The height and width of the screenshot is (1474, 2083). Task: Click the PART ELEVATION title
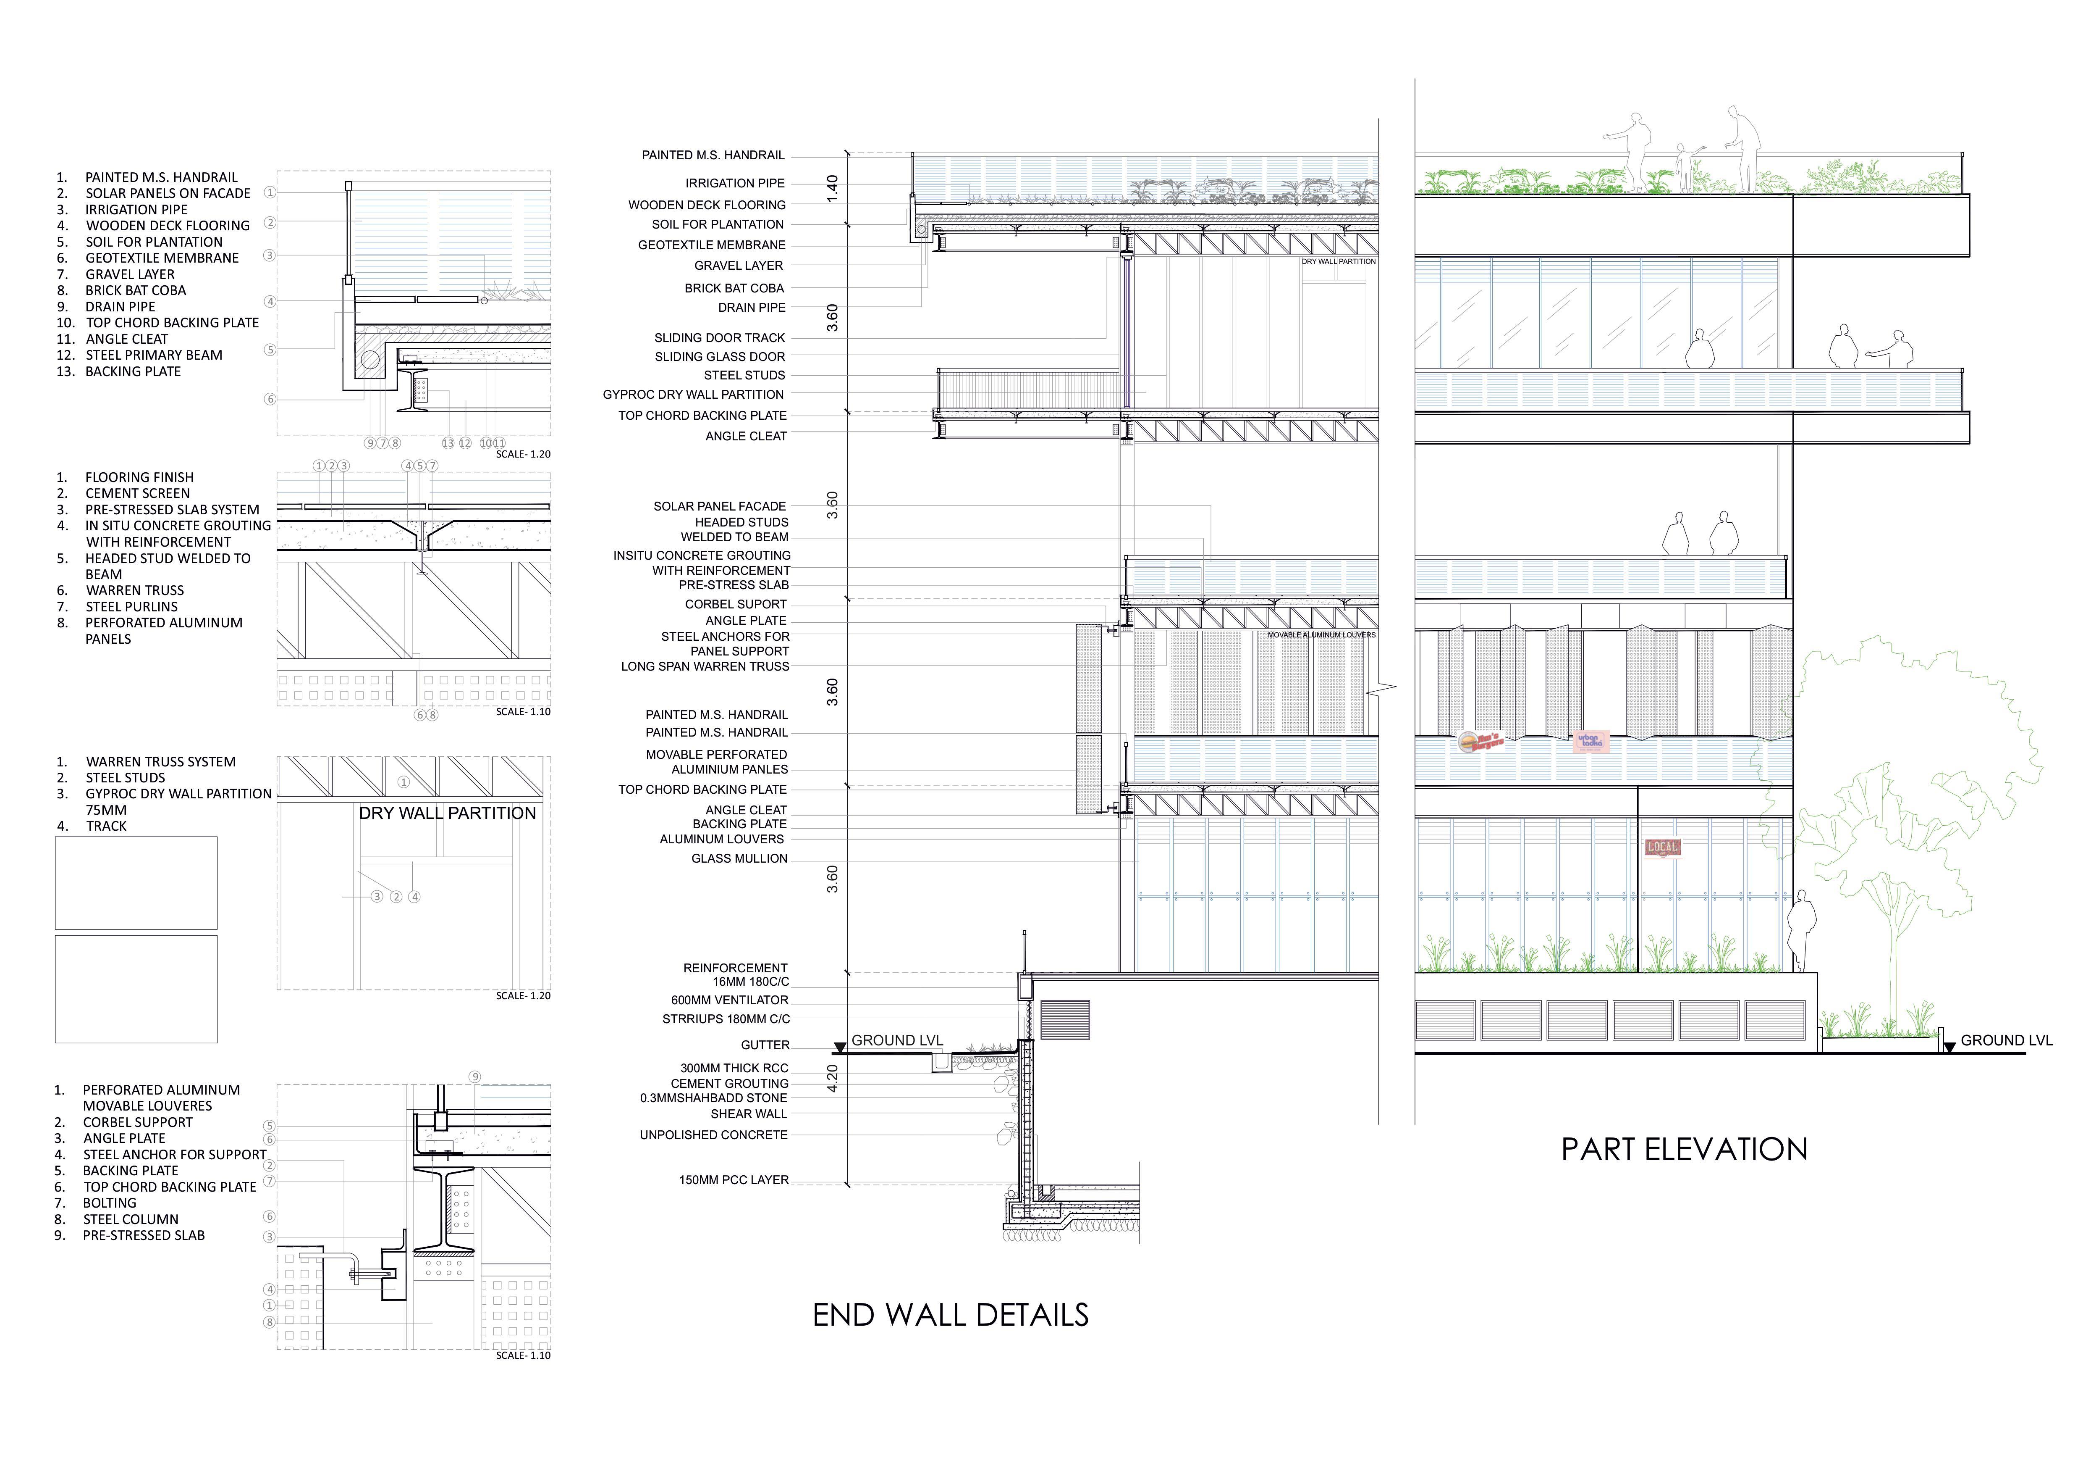[x=1684, y=1150]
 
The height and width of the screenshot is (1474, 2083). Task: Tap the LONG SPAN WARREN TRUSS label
[x=705, y=666]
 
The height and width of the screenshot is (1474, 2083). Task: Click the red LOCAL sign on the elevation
[x=1663, y=848]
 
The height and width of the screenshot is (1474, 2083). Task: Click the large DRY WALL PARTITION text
[x=447, y=813]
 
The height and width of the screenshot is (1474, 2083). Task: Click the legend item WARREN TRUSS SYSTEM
[x=160, y=761]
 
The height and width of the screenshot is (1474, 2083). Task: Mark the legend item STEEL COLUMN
[x=131, y=1219]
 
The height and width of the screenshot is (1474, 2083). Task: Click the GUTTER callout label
[x=765, y=1045]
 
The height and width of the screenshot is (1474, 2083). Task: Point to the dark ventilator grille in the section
[x=1064, y=1019]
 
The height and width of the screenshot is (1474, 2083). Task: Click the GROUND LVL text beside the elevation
[x=2006, y=1040]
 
